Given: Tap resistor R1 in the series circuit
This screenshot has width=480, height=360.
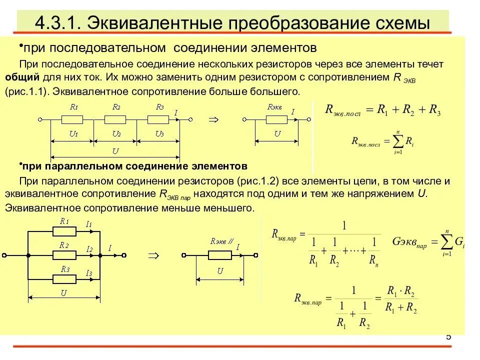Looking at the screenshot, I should (x=72, y=119).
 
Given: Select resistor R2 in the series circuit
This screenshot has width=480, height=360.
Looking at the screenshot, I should (x=115, y=119).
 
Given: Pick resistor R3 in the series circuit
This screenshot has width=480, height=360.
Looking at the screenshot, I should (x=158, y=119).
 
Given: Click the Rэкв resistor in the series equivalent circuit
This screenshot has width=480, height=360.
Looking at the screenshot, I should (x=276, y=119).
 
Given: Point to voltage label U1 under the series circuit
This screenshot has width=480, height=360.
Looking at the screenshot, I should (x=73, y=133).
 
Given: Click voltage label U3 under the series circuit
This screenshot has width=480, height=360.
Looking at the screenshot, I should (x=159, y=133).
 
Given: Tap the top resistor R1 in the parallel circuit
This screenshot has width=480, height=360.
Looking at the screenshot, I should (x=64, y=231).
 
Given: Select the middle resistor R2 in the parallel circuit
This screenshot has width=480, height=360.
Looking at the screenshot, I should (x=64, y=255).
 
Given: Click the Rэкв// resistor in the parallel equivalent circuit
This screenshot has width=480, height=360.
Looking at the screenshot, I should (x=219, y=255).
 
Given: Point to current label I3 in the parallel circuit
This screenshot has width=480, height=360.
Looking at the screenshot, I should (x=89, y=273).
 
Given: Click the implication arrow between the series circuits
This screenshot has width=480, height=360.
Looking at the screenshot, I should (x=213, y=119).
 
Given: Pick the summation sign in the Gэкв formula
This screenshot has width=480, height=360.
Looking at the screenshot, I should (x=443, y=242).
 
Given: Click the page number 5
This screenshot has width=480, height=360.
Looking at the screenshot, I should (x=448, y=336).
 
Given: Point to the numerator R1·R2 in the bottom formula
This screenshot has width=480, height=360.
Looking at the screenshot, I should (x=401, y=291).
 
